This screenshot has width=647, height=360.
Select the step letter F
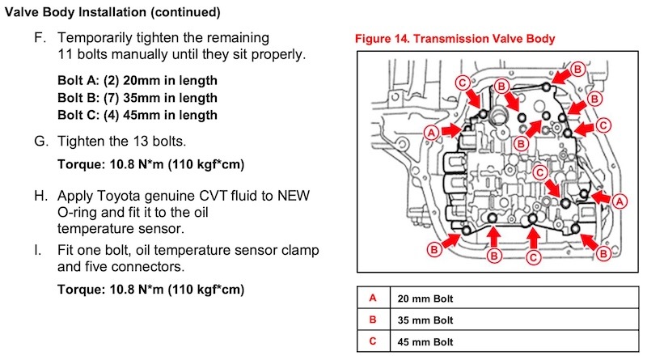coord(38,38)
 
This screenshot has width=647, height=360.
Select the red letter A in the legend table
coord(372,298)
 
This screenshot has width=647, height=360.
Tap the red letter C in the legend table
coord(372,341)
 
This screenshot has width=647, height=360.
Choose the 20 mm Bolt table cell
coord(425,298)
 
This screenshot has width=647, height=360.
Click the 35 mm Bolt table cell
coord(425,320)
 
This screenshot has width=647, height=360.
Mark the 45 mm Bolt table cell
coord(425,341)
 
